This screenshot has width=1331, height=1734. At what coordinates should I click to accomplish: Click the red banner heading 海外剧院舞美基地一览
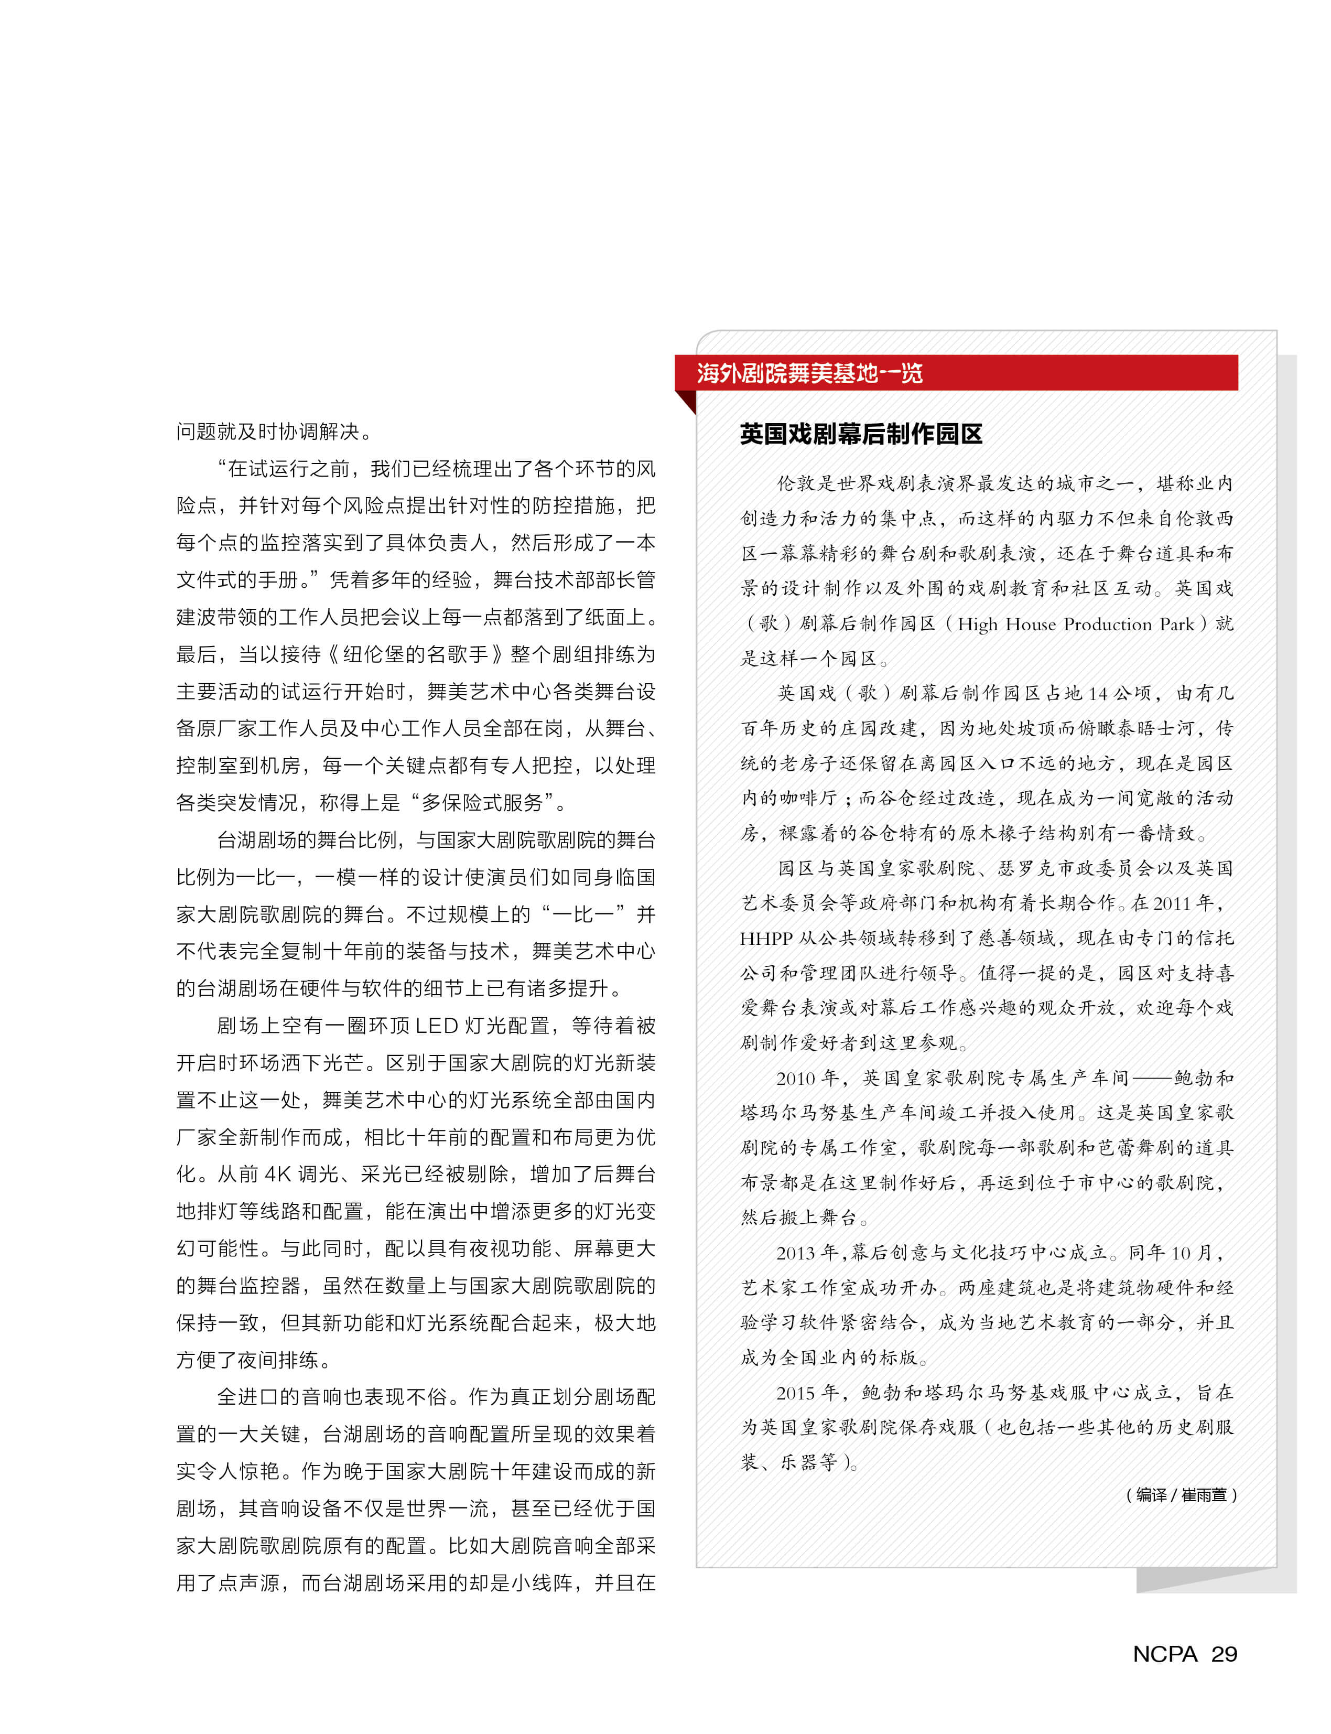coord(810,373)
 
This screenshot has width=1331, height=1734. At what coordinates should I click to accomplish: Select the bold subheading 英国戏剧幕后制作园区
coord(861,434)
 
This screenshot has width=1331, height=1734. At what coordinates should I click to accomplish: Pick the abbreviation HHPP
coord(765,939)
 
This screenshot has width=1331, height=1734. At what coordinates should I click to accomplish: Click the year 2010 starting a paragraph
coord(797,1079)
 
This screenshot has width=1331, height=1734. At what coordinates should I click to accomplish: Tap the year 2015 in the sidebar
coord(797,1393)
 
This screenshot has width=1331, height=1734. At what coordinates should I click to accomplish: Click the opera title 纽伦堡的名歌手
coord(416,654)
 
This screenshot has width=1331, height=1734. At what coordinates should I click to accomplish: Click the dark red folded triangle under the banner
coord(687,400)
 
